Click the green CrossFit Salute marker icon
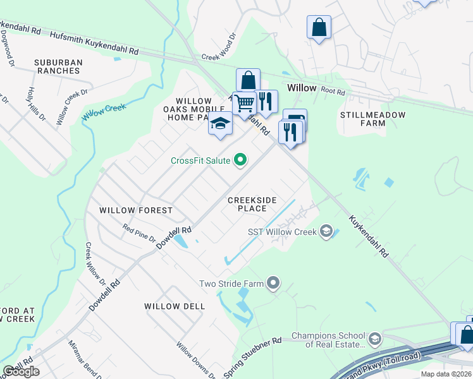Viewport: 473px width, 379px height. click(240, 160)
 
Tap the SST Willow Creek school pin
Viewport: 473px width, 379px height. click(326, 231)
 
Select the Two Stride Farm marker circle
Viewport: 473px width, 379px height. click(273, 284)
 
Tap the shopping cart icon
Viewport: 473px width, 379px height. click(244, 103)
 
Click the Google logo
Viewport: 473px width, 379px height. click(21, 371)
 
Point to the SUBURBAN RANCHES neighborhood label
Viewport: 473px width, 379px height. click(49, 66)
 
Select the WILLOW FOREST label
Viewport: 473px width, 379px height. click(136, 210)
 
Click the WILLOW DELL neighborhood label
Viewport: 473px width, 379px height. click(175, 306)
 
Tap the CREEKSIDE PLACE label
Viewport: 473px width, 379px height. click(252, 204)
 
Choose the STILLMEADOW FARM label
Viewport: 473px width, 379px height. click(371, 119)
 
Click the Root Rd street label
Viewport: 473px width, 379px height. click(332, 91)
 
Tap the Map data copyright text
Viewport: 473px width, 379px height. click(446, 374)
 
